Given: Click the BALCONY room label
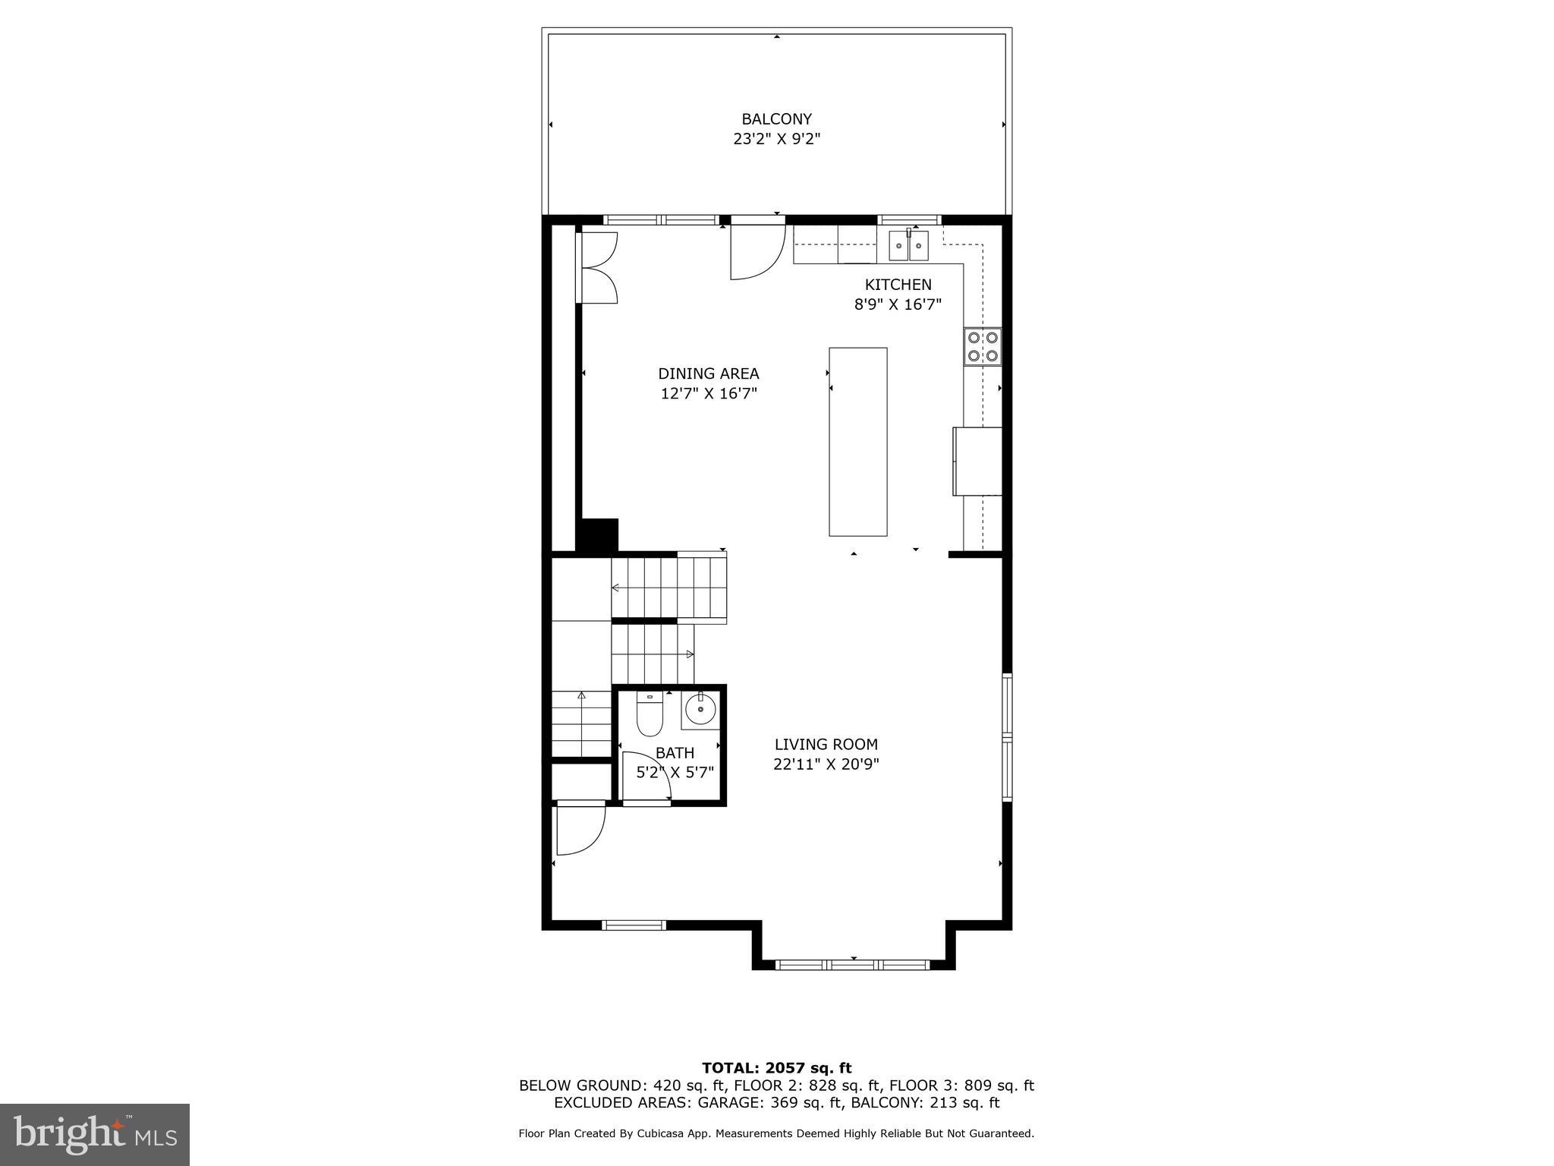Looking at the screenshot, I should pyautogui.click(x=776, y=119).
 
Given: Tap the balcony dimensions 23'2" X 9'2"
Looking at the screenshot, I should pyautogui.click(x=776, y=140).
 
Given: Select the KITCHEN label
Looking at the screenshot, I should pyautogui.click(x=898, y=285).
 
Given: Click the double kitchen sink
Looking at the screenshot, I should pyautogui.click(x=908, y=246).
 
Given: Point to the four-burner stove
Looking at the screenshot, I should pyautogui.click(x=983, y=346).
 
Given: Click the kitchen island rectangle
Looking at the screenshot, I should pyautogui.click(x=857, y=442).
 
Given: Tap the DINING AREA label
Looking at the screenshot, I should pyautogui.click(x=708, y=373).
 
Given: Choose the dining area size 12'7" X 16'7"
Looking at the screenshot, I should pyautogui.click(x=708, y=394).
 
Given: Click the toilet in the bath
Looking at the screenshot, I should pyautogui.click(x=650, y=714).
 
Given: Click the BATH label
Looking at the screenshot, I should pyautogui.click(x=675, y=753).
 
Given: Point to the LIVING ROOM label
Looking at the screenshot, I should pyautogui.click(x=826, y=745).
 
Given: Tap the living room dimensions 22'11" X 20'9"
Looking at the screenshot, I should pyautogui.click(x=826, y=764).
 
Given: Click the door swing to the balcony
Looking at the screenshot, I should pyautogui.click(x=755, y=251).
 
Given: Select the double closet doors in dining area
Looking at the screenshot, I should pyautogui.click(x=598, y=268).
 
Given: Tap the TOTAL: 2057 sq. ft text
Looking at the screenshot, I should pyautogui.click(x=776, y=1068).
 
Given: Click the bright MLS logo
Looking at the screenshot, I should pyautogui.click(x=95, y=1134).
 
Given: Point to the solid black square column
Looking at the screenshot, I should pyautogui.click(x=598, y=535).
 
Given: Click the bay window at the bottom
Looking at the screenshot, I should pyautogui.click(x=853, y=965).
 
